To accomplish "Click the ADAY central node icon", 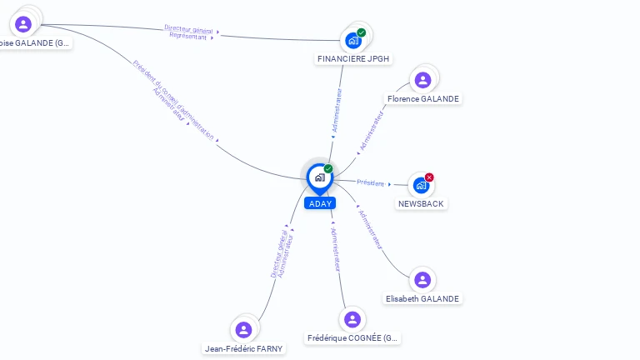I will (319, 177).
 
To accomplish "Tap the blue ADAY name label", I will (319, 203).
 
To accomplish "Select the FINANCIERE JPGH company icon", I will (353, 40).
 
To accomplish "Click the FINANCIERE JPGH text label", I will (354, 58).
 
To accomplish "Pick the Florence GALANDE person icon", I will (422, 80).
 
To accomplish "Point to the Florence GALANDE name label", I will (422, 98).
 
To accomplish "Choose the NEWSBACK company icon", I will (421, 185).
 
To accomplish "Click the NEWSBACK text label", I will (421, 203).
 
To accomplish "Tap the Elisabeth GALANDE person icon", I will (422, 280).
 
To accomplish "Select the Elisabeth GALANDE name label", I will (422, 298).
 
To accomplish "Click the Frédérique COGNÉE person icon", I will (352, 319).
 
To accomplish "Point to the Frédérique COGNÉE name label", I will (353, 338).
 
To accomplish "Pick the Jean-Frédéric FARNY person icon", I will (243, 330).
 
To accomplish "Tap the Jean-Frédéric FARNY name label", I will (243, 348).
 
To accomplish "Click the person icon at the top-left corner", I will (23, 24).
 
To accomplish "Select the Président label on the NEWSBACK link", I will (371, 182).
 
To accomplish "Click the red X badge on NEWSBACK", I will (429, 177).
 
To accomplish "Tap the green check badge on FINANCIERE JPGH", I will (361, 32).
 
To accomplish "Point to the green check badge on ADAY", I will (328, 168).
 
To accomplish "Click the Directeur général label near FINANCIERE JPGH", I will (188, 29).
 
